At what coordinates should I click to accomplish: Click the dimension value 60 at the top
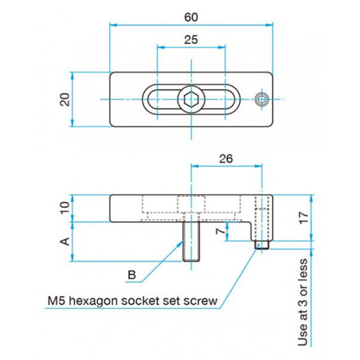[x=190, y=17]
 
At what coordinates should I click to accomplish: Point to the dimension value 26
[x=225, y=158]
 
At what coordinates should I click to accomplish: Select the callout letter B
[x=133, y=275]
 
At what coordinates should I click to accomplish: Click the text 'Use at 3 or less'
[x=303, y=303]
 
